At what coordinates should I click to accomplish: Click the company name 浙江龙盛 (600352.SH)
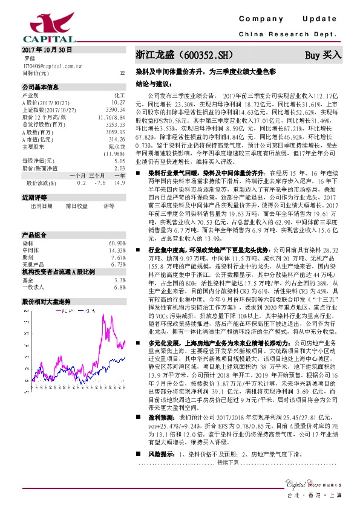pos(175,55)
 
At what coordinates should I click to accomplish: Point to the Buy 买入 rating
pos(323,55)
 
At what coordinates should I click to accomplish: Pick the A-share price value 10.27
pos(119,103)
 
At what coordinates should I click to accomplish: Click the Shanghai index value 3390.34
pos(116,110)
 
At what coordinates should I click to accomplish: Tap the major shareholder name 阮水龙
pos(117,146)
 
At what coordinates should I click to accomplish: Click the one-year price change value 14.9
pos(120,182)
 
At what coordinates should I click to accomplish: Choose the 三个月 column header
pos(97,174)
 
